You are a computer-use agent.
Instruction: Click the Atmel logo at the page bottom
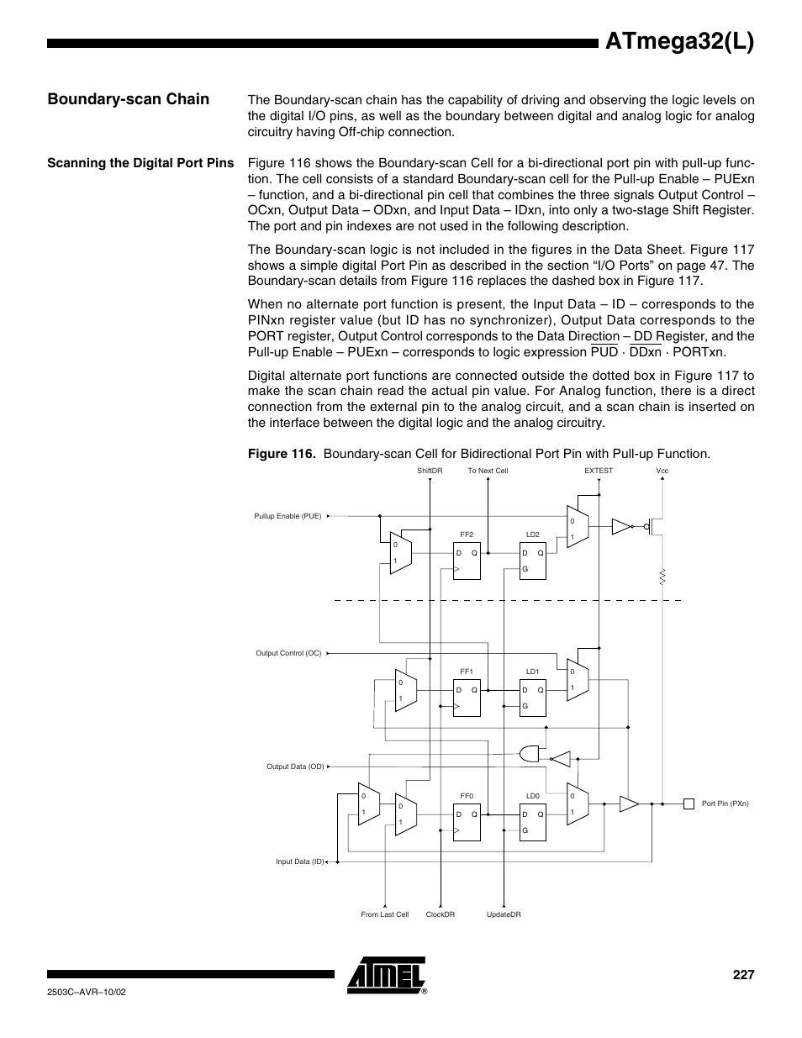click(386, 974)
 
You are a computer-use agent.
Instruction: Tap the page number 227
click(742, 975)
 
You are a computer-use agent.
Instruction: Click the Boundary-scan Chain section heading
click(129, 99)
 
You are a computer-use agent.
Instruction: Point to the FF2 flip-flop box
click(467, 560)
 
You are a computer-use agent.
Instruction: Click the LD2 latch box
click(533, 560)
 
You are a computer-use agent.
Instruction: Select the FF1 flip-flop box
click(467, 697)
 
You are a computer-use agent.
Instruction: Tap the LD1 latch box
click(533, 697)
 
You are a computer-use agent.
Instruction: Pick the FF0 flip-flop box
click(467, 821)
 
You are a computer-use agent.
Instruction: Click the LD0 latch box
click(533, 821)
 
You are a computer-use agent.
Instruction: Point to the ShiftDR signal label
click(430, 471)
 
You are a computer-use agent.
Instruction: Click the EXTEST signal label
click(599, 471)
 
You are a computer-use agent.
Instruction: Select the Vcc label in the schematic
click(662, 471)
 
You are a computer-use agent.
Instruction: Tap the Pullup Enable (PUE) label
click(288, 516)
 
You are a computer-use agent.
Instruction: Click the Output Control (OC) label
click(288, 653)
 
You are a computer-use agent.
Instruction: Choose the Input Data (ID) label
click(300, 861)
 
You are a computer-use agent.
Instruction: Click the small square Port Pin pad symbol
click(689, 804)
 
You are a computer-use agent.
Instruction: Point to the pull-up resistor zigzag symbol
click(662, 577)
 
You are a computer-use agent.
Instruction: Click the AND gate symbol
click(530, 753)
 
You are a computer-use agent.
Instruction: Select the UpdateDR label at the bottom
click(504, 914)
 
